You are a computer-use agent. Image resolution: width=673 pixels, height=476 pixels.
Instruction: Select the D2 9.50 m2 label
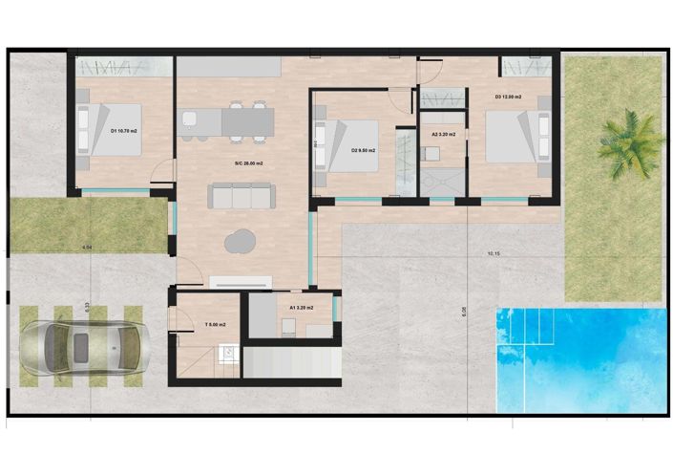(363, 150)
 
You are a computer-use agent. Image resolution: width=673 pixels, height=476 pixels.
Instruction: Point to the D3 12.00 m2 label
(509, 97)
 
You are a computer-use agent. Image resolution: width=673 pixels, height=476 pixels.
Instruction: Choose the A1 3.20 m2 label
(302, 309)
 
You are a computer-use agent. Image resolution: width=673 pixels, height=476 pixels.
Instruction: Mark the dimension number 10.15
(494, 254)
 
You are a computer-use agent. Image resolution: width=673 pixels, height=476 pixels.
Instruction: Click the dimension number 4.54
(87, 248)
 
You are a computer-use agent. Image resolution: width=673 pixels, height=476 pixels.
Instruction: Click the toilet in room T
(226, 352)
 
